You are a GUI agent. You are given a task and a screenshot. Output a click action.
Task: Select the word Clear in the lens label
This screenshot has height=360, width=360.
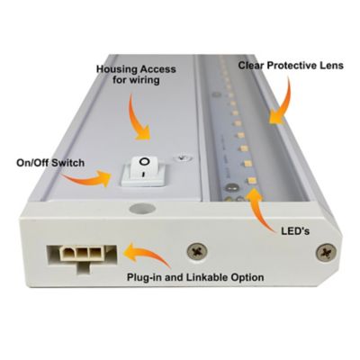[253, 67]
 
